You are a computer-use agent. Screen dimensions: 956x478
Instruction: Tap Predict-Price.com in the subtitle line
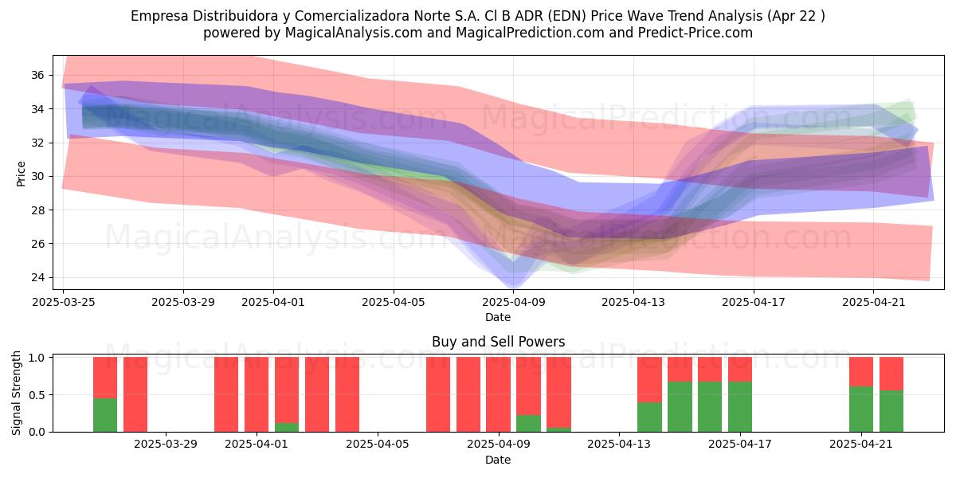pos(695,33)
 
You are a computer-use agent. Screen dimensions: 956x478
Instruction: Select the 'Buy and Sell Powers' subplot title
pos(498,342)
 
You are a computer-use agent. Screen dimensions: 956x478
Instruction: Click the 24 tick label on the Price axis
pos(37,277)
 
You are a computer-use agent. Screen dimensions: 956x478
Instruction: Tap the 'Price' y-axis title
pos(21,174)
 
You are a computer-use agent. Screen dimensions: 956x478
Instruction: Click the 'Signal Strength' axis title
pos(16,393)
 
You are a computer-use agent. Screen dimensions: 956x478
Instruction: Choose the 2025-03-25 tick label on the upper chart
pos(64,302)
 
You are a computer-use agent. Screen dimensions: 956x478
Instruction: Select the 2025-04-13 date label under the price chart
pos(633,302)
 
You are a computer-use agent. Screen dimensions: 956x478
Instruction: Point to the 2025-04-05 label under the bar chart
pos(378,444)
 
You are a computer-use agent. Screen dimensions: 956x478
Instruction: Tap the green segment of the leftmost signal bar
pos(105,415)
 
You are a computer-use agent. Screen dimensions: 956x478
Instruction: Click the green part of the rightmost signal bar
pos(891,411)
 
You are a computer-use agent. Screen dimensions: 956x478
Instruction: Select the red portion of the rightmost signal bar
pos(891,374)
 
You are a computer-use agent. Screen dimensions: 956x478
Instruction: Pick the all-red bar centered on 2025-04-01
pos(257,394)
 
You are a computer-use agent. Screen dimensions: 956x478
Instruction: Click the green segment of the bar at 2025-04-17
pos(740,407)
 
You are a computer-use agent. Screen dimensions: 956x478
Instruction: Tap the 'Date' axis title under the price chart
pos(498,317)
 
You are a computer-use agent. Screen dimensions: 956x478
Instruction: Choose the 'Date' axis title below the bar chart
pos(498,460)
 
